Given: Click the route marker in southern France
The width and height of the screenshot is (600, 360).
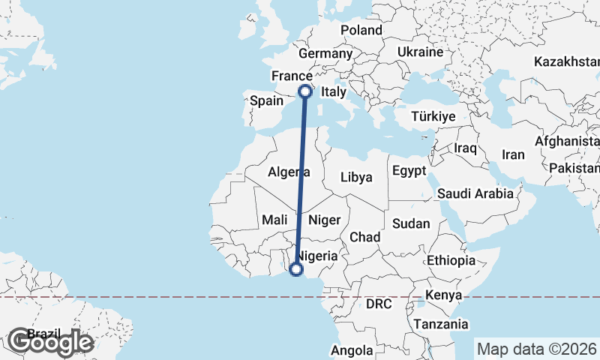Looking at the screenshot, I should point(305,91).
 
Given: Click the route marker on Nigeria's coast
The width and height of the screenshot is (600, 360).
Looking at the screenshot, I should point(296,268).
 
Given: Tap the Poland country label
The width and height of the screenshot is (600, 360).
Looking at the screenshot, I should point(361,30).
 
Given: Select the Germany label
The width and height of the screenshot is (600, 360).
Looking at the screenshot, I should point(325,54).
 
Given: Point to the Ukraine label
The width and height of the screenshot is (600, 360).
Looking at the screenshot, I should point(420,52).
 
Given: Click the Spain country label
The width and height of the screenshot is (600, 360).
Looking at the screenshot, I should point(266,100).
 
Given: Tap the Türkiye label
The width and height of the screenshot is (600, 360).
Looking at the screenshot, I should point(433,116).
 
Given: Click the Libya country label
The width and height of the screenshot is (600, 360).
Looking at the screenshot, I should point(356,178).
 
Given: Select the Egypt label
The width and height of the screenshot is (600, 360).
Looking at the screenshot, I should point(409,170).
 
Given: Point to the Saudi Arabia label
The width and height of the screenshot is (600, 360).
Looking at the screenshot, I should point(475,193).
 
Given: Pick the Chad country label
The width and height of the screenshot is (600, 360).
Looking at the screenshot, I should point(365,237).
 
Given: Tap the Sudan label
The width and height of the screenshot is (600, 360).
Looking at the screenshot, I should point(412,223).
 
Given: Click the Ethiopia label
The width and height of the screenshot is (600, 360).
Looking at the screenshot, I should point(450,261).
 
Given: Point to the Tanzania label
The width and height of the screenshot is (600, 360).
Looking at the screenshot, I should point(441,324).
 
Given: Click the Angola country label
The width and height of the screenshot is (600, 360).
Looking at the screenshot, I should point(352,350).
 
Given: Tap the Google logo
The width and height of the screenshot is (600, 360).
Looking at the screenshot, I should point(50,342).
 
